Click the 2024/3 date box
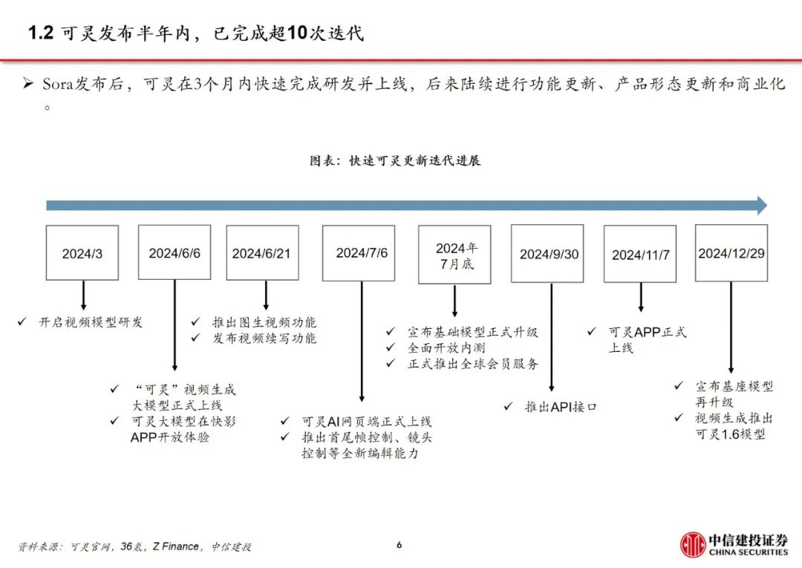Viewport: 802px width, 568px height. tap(82, 253)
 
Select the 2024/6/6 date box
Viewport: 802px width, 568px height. tap(175, 252)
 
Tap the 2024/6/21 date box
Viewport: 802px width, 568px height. tap(262, 252)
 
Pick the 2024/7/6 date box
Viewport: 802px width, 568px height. tap(362, 252)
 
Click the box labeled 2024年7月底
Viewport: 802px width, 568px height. tap(454, 255)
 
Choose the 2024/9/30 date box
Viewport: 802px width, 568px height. tap(550, 254)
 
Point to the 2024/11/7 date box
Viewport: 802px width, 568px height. tap(640, 254)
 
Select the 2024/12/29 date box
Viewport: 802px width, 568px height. tap(731, 253)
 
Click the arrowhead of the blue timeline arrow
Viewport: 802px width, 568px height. tap(760, 206)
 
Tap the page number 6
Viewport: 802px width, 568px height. tap(399, 545)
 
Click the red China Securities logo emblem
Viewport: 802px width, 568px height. tap(694, 544)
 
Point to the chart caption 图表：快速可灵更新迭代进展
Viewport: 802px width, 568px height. tap(395, 160)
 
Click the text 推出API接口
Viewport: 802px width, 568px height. tap(561, 407)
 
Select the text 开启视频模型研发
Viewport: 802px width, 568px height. tap(91, 322)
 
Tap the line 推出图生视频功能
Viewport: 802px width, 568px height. tap(264, 322)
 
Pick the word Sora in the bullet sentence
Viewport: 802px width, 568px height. tap(56, 84)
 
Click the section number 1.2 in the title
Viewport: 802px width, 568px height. tap(41, 33)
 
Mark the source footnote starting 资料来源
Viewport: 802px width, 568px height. tap(134, 546)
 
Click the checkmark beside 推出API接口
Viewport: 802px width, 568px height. tap(508, 407)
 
